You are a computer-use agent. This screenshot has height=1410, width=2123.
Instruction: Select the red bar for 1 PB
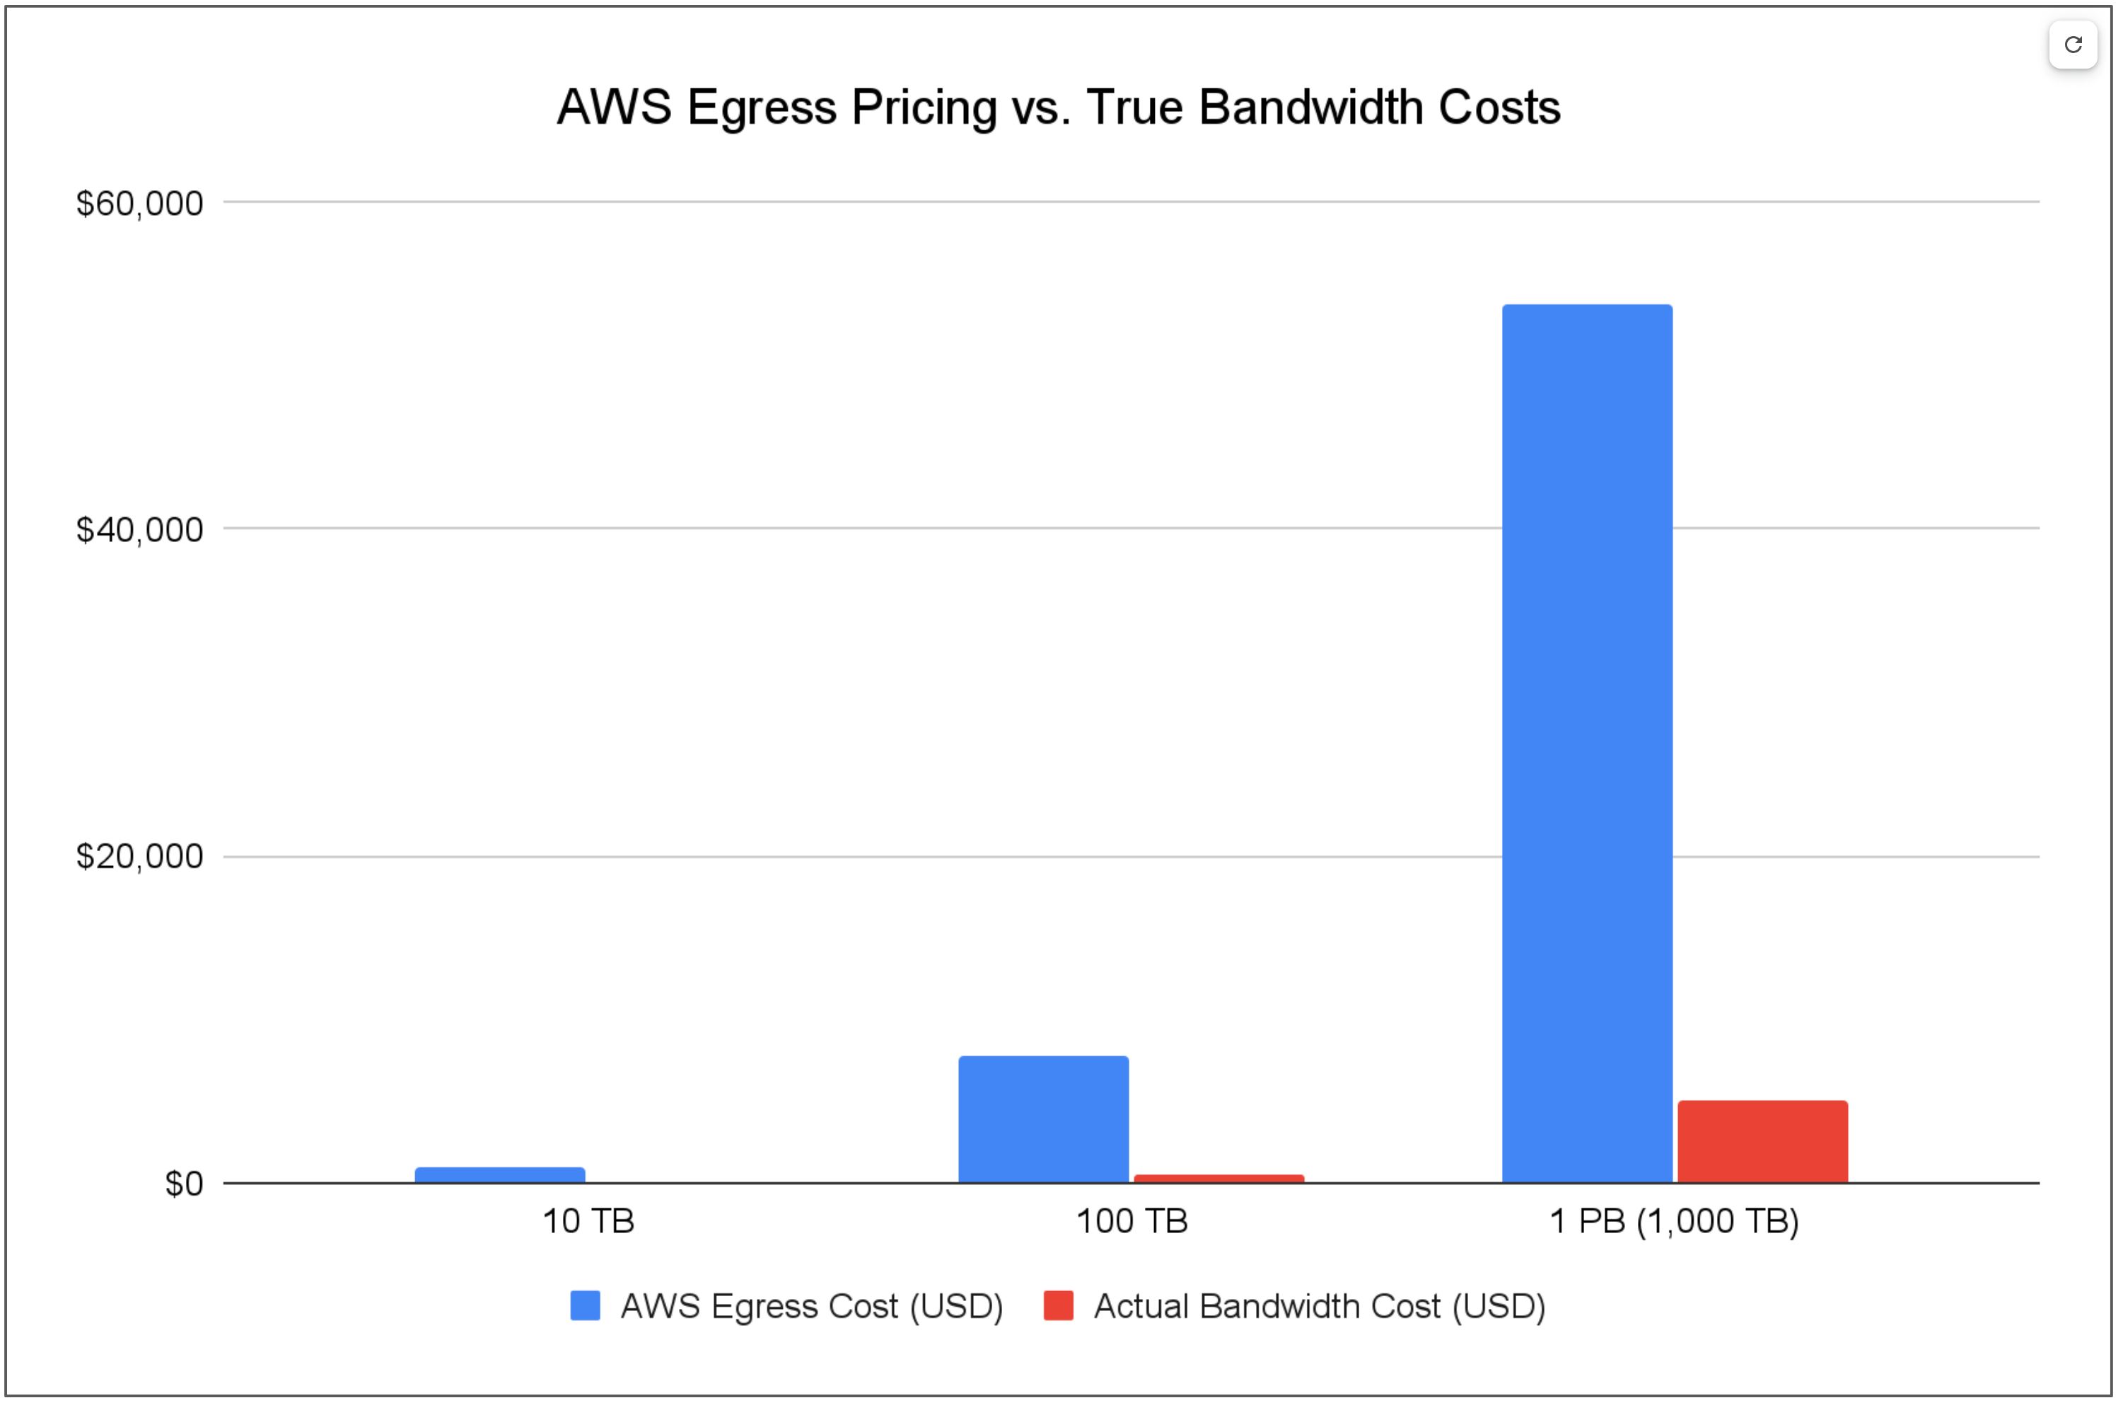click(1762, 1141)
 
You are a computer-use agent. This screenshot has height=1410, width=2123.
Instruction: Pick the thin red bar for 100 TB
click(1218, 1178)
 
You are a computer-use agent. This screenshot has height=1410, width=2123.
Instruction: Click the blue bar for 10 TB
click(500, 1174)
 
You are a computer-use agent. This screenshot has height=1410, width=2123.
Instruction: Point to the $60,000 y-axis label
click(139, 204)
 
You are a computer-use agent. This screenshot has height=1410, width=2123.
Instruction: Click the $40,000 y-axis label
click(139, 531)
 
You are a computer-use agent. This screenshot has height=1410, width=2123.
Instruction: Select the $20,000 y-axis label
click(139, 857)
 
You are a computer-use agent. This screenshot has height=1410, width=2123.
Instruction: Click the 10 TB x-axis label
click(588, 1221)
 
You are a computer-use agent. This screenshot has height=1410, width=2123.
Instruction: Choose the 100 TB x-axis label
click(1132, 1221)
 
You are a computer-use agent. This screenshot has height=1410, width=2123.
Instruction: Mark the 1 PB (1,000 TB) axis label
click(1674, 1221)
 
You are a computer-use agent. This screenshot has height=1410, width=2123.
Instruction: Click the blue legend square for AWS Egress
click(585, 1306)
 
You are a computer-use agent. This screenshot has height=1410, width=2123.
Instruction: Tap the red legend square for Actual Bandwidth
click(1058, 1306)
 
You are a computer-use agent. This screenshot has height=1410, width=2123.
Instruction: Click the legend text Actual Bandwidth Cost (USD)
click(1318, 1306)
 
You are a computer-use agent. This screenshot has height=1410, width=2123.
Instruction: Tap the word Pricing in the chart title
click(924, 108)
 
